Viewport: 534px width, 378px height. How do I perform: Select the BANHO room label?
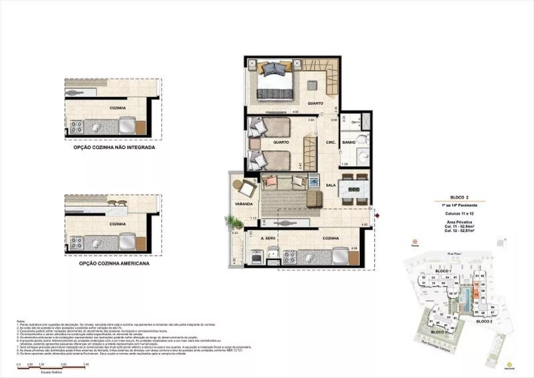(349, 142)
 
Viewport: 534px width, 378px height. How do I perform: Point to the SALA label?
(331, 184)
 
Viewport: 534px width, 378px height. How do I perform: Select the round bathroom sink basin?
(362, 158)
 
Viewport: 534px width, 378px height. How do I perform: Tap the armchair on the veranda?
(247, 188)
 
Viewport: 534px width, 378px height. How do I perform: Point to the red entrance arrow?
(378, 215)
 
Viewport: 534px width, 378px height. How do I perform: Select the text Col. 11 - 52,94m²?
(460, 227)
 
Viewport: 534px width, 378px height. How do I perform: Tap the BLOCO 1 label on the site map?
(444, 271)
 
